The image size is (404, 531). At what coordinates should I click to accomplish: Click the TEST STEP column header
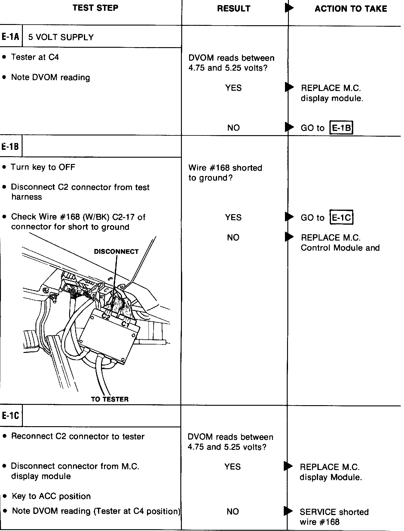95,8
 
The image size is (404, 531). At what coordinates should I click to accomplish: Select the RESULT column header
234,9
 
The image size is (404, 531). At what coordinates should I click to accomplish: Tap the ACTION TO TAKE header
350,9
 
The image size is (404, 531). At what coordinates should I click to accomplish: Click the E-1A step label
11,37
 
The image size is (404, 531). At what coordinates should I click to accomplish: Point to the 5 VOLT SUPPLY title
61,37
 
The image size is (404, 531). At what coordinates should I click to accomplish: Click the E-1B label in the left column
11,147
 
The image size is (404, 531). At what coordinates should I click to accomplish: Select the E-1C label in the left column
11,416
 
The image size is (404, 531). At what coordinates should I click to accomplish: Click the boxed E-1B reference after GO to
341,128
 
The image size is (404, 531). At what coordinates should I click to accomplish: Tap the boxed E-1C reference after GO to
341,217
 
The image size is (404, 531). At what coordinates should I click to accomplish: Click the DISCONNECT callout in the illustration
116,252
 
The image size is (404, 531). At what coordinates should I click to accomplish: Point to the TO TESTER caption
110,399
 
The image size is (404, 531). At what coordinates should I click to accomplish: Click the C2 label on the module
106,316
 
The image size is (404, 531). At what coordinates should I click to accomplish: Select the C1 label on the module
125,324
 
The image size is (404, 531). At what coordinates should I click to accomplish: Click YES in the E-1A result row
234,88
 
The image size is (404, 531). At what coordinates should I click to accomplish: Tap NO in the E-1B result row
233,238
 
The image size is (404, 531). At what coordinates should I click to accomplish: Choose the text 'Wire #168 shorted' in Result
225,168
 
